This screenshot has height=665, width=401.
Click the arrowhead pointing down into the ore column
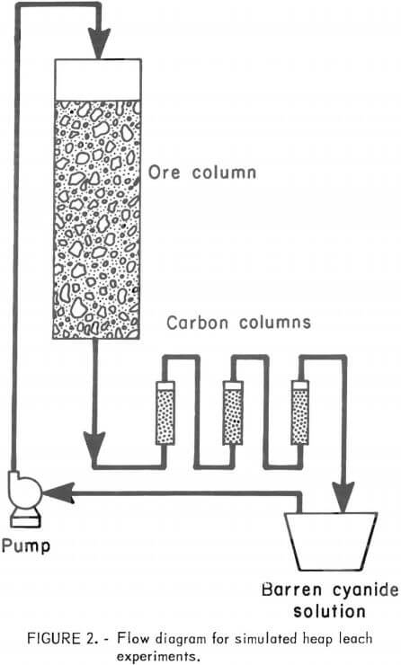(96, 40)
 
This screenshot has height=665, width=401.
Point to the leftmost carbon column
(165, 412)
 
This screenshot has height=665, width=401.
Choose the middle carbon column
(232, 412)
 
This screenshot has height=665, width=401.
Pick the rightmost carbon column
(299, 412)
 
